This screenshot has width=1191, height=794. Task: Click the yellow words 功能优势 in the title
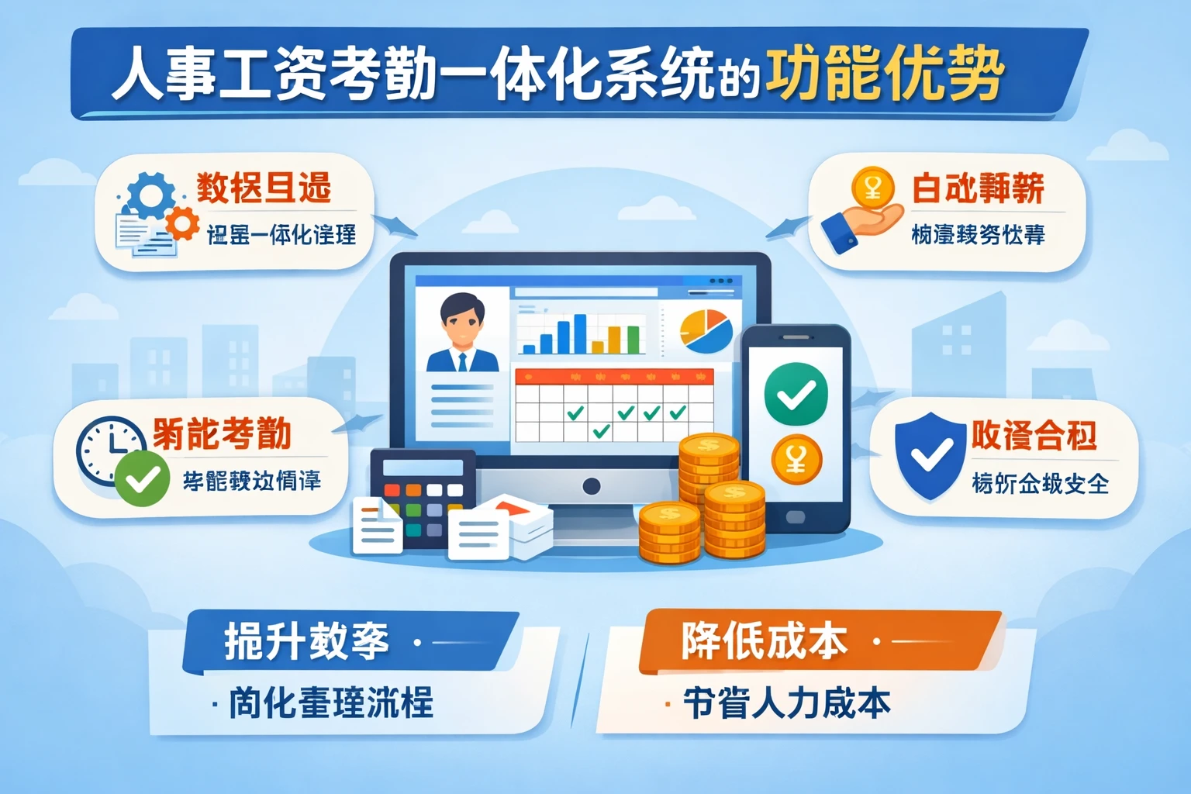[x=884, y=75]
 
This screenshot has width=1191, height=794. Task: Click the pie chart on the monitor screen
[x=706, y=329]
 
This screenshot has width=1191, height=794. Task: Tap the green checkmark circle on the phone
[x=796, y=394]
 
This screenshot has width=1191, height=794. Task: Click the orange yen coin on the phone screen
[x=796, y=460]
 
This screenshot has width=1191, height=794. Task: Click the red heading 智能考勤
[x=222, y=434]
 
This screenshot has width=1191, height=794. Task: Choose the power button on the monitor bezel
[x=591, y=487]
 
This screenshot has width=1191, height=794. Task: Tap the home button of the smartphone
[x=796, y=517]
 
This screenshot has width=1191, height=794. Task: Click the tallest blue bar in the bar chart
[x=578, y=333]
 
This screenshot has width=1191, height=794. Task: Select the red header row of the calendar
[x=614, y=377]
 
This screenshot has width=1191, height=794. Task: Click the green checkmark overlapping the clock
[x=143, y=479]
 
